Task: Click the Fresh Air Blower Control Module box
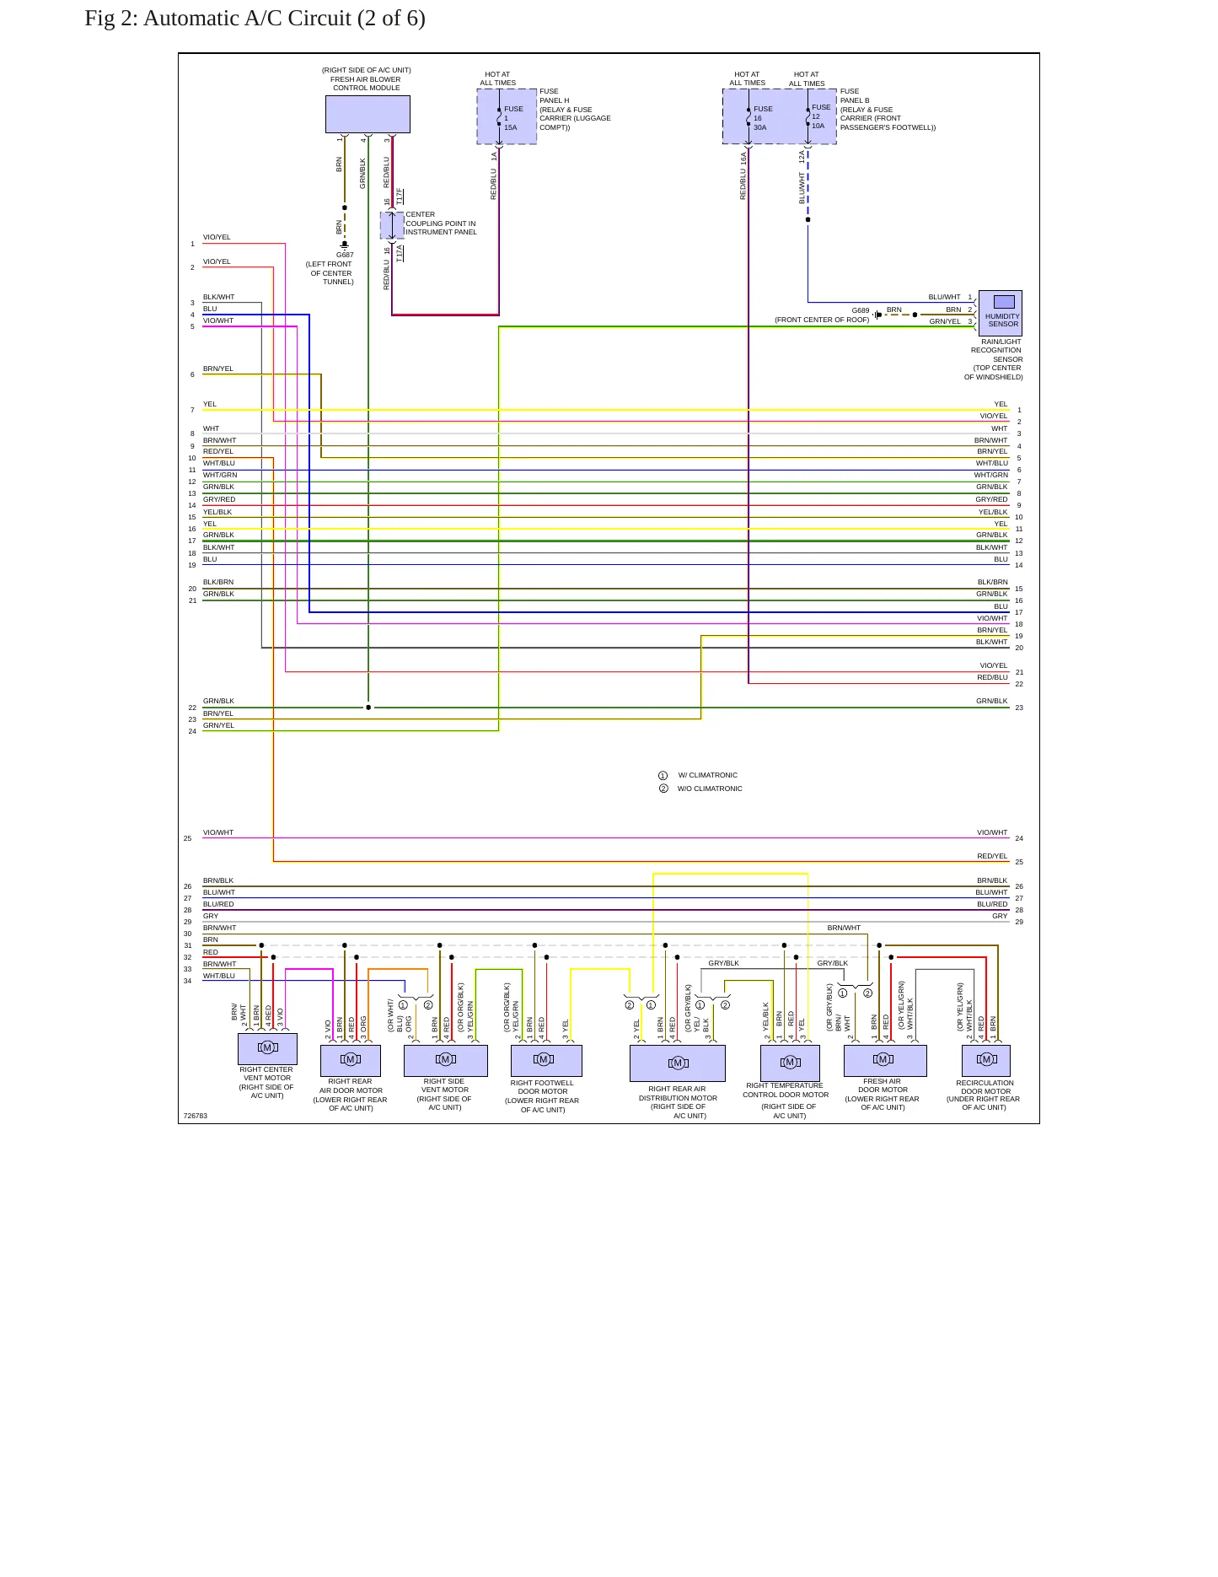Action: pyautogui.click(x=368, y=114)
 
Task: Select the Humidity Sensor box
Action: pyautogui.click(x=1000, y=313)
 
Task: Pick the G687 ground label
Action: pyautogui.click(x=345, y=255)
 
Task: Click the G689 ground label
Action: pyautogui.click(x=860, y=310)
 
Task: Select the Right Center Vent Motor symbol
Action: pyautogui.click(x=267, y=1048)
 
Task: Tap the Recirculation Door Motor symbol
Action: pyautogui.click(x=986, y=1060)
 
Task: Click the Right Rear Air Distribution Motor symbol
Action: pyautogui.click(x=678, y=1063)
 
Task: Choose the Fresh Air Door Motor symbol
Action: pyautogui.click(x=885, y=1060)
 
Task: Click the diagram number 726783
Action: pyautogui.click(x=196, y=1116)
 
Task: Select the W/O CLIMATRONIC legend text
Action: pyautogui.click(x=710, y=788)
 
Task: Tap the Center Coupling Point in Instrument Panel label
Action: pyautogui.click(x=441, y=223)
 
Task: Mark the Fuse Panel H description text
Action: pyautogui.click(x=575, y=110)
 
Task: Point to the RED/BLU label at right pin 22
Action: pyautogui.click(x=992, y=677)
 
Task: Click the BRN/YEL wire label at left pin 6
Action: pyautogui.click(x=218, y=369)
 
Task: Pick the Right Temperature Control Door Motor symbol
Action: pyautogui.click(x=790, y=1063)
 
